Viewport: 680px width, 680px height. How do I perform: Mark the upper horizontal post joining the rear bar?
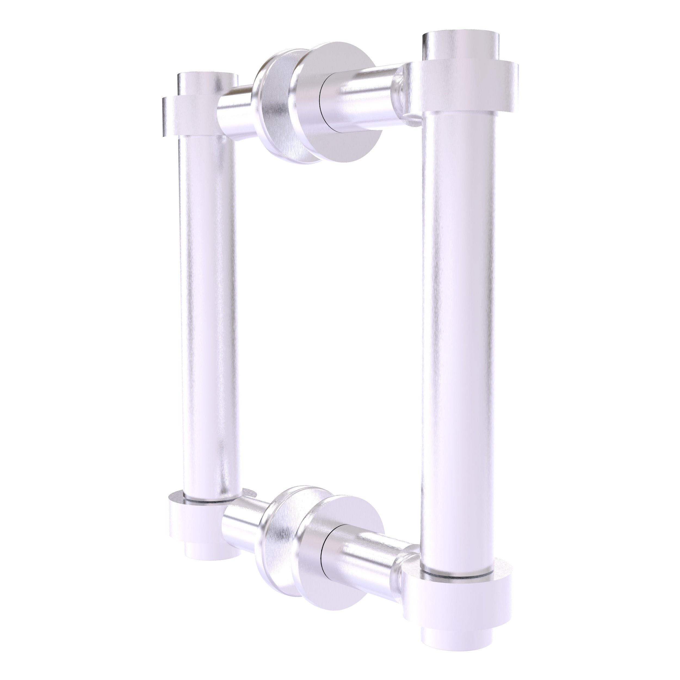234,116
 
